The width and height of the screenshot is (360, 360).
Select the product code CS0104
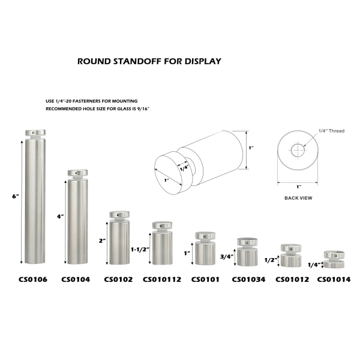click(x=75, y=278)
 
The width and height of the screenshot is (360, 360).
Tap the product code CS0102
click(x=118, y=278)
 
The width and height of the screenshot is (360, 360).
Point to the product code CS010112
click(x=161, y=278)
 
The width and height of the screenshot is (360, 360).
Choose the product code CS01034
click(x=248, y=278)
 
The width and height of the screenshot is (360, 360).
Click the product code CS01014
click(x=334, y=278)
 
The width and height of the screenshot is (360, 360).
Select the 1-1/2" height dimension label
click(x=139, y=248)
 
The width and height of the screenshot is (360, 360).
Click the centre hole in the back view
click(x=298, y=150)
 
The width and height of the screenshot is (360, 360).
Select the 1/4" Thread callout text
click(x=331, y=131)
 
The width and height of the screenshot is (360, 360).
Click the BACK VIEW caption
click(x=297, y=197)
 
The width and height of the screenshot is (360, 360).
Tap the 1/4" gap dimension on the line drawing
click(x=184, y=169)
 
